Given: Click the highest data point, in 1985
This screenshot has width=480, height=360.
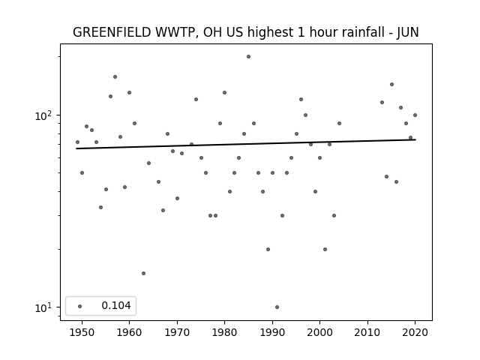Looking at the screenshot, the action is pos(248,57).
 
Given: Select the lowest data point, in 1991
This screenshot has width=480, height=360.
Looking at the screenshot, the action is pos(277,307).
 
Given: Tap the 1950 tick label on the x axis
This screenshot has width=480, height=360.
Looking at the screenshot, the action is pos(82,332).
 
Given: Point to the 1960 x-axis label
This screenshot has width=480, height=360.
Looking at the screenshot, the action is pos(129,332).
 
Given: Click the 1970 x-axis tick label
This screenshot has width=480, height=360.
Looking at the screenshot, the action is pos(177,332).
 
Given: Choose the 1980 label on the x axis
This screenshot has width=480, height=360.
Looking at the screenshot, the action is pos(224,332).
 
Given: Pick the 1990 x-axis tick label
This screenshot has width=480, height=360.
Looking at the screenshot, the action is pos(272,332).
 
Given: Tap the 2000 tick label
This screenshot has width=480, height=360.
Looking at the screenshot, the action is pos(319,332).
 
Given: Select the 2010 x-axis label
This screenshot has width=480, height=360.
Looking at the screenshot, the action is pos(367,332).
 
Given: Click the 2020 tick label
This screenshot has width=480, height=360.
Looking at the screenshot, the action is pos(415,332).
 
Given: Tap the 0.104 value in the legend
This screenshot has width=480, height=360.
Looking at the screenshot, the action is pos(116,305).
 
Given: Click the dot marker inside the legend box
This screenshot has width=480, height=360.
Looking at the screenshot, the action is pos(80,306).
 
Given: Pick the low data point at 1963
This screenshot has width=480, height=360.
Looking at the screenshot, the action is pos(143,273).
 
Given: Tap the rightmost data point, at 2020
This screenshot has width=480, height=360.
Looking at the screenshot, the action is pos(415,115).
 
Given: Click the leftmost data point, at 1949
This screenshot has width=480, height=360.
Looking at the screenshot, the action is pos(77,142).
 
